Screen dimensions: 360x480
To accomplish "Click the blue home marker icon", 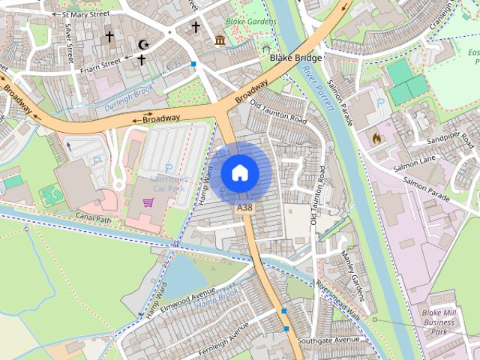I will pos(240,172).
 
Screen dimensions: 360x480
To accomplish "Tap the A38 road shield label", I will pos(244,207).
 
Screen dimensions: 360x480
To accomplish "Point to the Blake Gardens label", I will pos(251,22).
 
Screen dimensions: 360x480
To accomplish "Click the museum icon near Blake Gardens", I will pos(220,40).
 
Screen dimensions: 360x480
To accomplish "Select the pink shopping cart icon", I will pos(148,202).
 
